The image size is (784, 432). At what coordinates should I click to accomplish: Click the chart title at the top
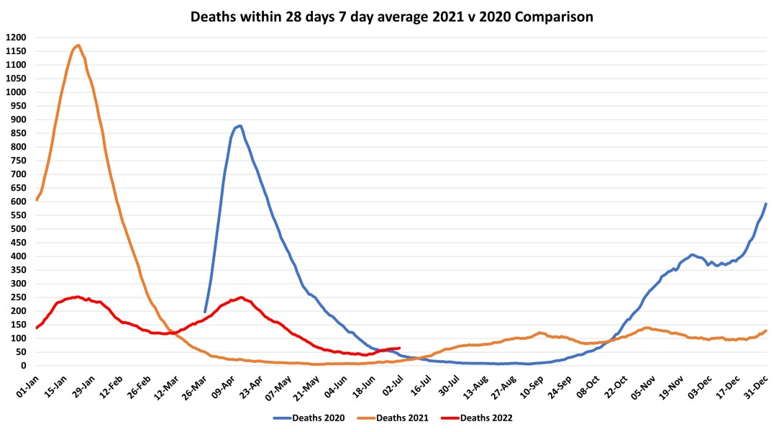pyautogui.click(x=392, y=16)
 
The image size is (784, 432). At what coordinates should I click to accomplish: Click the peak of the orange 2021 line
pyautogui.click(x=78, y=45)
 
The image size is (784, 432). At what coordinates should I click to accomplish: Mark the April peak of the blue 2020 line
pyautogui.click(x=239, y=126)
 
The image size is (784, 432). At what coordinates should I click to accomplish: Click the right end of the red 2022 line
pyautogui.click(x=399, y=348)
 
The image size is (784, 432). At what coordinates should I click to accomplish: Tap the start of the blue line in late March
pyautogui.click(x=205, y=312)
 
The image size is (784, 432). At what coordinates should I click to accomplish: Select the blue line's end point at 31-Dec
pyautogui.click(x=766, y=204)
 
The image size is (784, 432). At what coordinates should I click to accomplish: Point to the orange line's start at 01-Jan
pyautogui.click(x=37, y=199)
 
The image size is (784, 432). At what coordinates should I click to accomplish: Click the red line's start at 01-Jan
pyautogui.click(x=37, y=328)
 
